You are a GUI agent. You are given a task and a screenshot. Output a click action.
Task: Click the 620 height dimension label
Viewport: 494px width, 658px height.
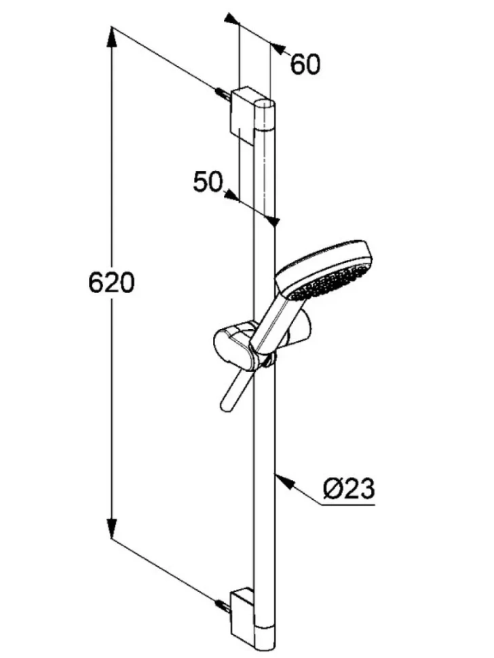pyautogui.click(x=111, y=282)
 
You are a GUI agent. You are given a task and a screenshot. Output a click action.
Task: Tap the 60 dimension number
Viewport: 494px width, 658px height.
pyautogui.click(x=305, y=64)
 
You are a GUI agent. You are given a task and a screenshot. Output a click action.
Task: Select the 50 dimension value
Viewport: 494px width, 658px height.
pyautogui.click(x=208, y=182)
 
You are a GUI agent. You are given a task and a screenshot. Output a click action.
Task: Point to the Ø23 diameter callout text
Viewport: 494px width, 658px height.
pyautogui.click(x=348, y=489)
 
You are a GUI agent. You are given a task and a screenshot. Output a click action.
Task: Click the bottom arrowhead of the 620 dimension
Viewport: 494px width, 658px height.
pyautogui.click(x=112, y=527)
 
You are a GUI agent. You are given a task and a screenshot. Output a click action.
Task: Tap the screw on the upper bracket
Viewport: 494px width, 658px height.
pyautogui.click(x=222, y=94)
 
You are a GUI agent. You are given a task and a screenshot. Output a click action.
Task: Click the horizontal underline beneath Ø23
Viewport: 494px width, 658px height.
pyautogui.click(x=348, y=503)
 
